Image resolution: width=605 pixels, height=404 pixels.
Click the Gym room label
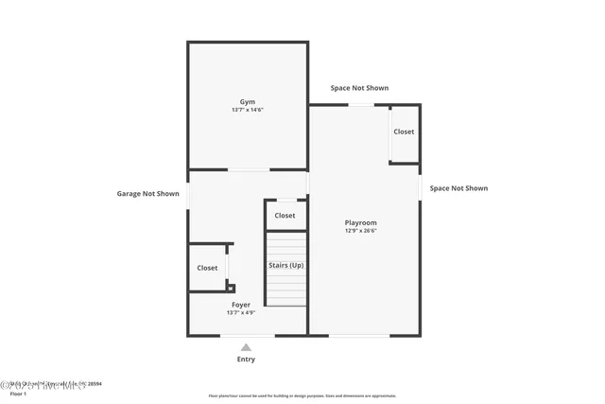coord(247,101)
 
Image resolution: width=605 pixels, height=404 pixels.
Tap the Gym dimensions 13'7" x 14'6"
coord(247,110)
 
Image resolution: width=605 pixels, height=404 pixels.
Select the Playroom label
coord(360,222)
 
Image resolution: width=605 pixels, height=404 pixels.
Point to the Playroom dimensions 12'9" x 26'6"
coord(360,231)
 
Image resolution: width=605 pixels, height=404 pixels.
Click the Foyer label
coord(241,305)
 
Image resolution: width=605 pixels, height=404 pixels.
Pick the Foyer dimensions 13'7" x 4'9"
coord(241,313)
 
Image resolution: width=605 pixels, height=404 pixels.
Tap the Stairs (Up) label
coord(285,265)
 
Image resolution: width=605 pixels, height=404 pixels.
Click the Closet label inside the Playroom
coord(404,132)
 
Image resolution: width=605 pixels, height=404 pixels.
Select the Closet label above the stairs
coord(285,216)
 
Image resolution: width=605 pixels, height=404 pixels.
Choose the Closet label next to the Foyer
coord(207,268)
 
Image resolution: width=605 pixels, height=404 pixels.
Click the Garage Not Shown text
coord(147,194)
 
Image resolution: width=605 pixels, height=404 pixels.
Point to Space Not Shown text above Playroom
coord(359,88)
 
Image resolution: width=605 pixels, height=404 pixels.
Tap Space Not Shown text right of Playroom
coord(458,188)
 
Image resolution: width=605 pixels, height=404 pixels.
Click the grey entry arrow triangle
coord(246,347)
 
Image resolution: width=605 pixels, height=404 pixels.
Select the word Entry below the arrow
coord(246,360)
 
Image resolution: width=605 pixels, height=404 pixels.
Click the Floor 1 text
coord(19,393)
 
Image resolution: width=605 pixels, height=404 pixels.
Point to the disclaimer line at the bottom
coord(302,396)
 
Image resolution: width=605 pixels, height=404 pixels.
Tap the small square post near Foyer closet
coord(231,288)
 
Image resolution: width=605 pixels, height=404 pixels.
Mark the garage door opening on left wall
coord(188,193)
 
